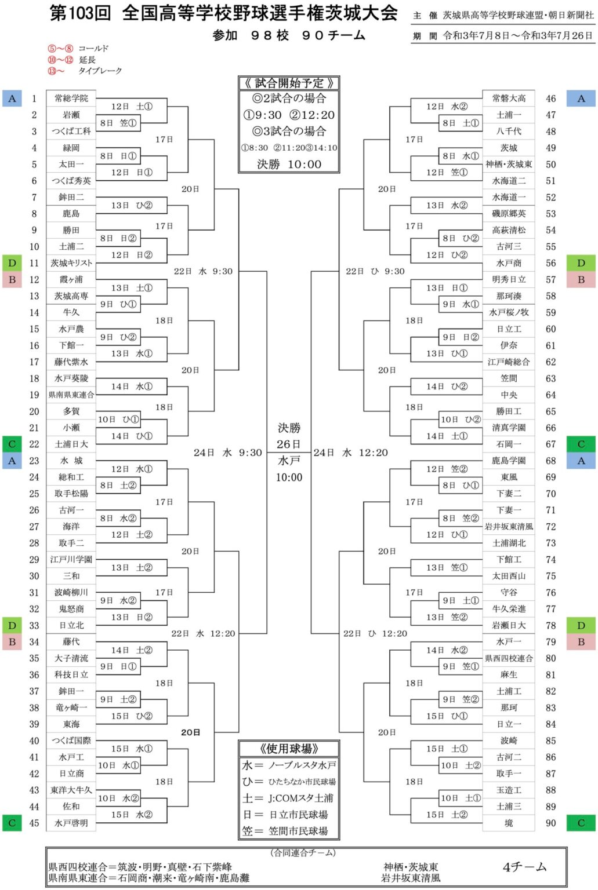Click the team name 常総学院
(71, 99)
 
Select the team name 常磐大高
(509, 99)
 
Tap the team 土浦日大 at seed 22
(71, 444)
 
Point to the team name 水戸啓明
(71, 823)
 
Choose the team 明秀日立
(509, 279)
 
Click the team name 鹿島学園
(509, 461)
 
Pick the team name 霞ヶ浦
(71, 279)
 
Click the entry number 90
(550, 823)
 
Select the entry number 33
(34, 626)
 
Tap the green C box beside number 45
(12, 823)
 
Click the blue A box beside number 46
(581, 99)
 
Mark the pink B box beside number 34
(12, 642)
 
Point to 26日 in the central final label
(288, 444)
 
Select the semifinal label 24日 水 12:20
(350, 453)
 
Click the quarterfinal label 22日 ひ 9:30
(375, 271)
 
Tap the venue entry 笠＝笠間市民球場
(288, 831)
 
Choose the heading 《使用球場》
(288, 749)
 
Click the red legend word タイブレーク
(100, 71)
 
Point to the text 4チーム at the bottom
(524, 867)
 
